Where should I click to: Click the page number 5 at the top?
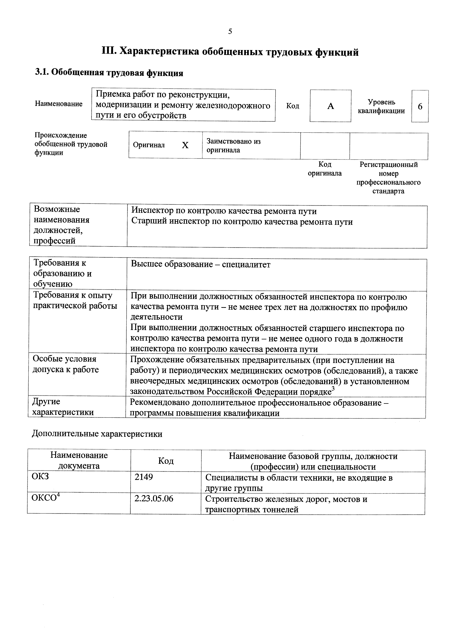pyautogui.click(x=230, y=32)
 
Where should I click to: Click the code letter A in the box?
pyautogui.click(x=330, y=106)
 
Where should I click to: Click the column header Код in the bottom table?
pyautogui.click(x=166, y=461)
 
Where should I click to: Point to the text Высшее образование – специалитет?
pyautogui.click(x=201, y=264)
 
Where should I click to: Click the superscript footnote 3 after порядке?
pyautogui.click(x=333, y=388)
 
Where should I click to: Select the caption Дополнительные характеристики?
pyautogui.click(x=97, y=434)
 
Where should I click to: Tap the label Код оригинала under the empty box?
pyautogui.click(x=325, y=169)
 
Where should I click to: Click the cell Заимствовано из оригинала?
pyautogui.click(x=234, y=146)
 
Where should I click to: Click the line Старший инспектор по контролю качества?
pyautogui.click(x=242, y=222)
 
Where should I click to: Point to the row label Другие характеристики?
pyautogui.click(x=63, y=407)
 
